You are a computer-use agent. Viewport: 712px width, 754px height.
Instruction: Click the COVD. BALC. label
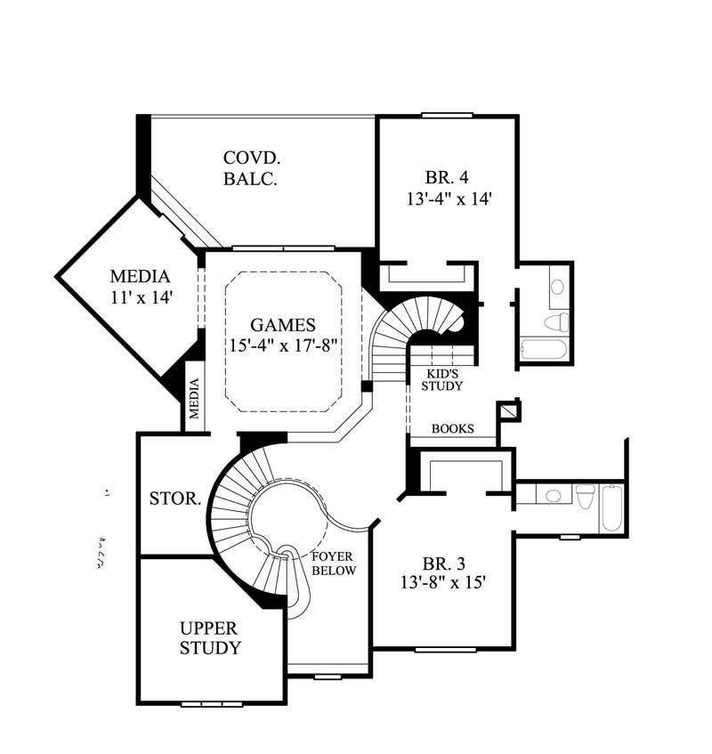coord(252,168)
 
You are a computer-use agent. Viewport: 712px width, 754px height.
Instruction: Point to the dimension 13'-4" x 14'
coord(449,199)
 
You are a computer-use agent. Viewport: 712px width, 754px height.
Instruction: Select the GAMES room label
coord(282,326)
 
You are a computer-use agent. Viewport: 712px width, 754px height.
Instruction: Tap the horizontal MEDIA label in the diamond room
coord(140,276)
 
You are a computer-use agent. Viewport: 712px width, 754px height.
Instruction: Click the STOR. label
coord(174,499)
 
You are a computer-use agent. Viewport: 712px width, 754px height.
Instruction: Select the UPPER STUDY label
coord(210,638)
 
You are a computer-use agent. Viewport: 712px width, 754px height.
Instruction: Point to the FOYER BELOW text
coord(334,563)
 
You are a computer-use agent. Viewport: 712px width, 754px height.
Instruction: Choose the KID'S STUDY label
coord(441,380)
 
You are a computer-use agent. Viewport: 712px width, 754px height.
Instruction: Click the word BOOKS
coord(452,429)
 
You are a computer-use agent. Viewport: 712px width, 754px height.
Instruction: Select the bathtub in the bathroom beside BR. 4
coord(544,350)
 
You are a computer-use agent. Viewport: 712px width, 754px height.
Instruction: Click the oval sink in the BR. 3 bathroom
coord(553,496)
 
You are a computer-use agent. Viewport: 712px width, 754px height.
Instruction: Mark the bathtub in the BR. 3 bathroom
coord(613,507)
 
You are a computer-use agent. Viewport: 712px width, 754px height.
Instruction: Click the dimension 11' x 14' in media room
coord(140,298)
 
